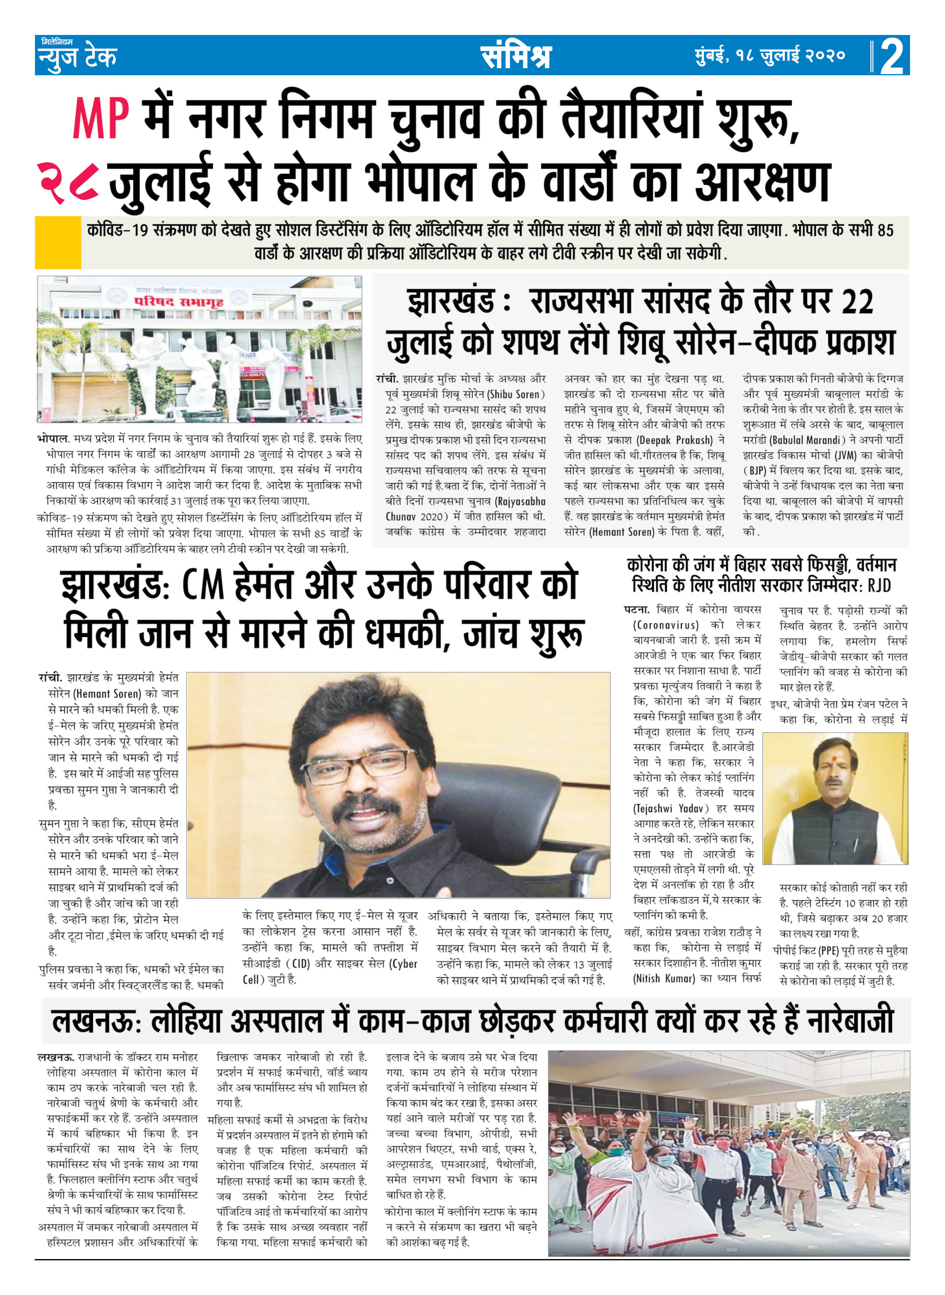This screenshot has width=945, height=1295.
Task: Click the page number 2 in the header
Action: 892,57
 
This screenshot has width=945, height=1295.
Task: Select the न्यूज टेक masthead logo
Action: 77,55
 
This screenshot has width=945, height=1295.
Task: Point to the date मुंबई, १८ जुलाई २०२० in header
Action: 769,55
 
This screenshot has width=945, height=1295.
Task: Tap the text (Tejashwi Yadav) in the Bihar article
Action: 670,808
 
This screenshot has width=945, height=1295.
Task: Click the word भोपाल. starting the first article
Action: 54,439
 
